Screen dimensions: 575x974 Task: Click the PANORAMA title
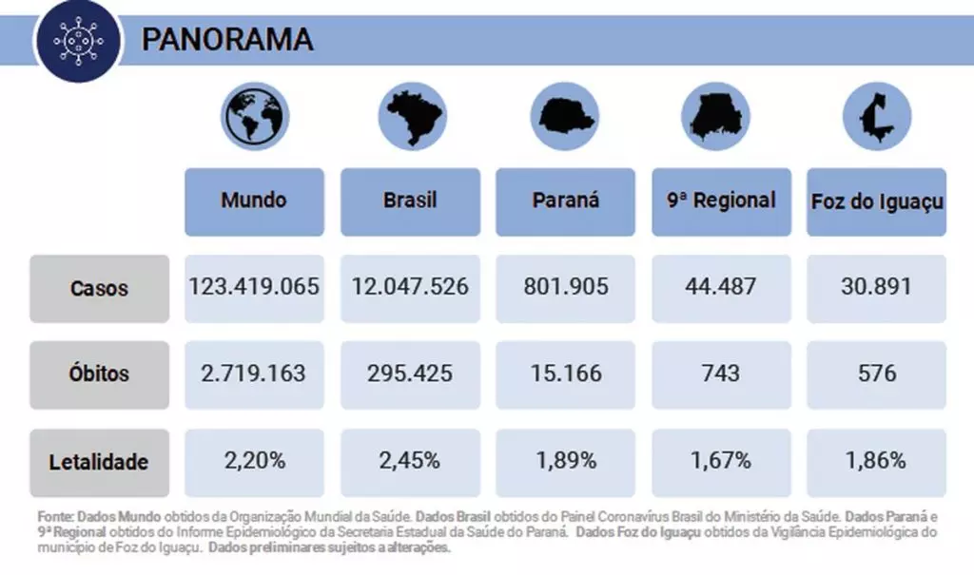tap(227, 40)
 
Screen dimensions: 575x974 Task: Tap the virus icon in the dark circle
tap(76, 41)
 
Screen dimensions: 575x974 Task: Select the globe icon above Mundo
tap(255, 117)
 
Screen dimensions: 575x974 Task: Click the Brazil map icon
tap(410, 117)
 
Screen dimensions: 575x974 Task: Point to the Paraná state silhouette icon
tap(565, 117)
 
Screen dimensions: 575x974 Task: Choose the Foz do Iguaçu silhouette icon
tap(876, 117)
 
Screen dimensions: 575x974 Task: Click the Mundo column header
tap(254, 201)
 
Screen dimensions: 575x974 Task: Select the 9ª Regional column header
tap(721, 201)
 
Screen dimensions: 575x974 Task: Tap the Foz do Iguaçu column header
tap(877, 201)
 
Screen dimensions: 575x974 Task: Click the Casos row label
tap(99, 288)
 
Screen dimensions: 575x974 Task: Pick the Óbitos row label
tap(99, 374)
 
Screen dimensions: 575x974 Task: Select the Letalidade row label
tap(99, 463)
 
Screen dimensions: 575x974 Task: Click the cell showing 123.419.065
tap(254, 287)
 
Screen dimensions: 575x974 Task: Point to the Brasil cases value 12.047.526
tap(410, 287)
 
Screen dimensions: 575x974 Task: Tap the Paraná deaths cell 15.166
tap(565, 374)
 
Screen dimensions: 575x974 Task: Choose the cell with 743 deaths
tap(721, 374)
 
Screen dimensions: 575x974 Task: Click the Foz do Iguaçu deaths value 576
tap(877, 374)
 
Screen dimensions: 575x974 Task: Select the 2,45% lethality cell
tap(410, 462)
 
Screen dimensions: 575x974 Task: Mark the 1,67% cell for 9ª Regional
tap(721, 462)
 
